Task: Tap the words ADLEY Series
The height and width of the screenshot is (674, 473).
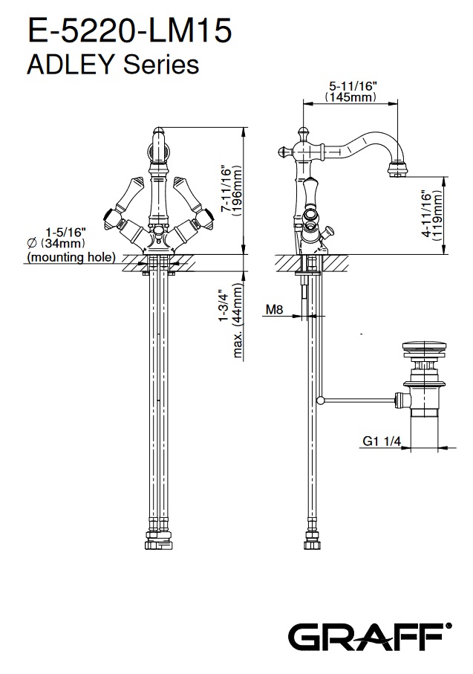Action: (113, 65)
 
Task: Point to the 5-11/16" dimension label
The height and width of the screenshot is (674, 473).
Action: (353, 86)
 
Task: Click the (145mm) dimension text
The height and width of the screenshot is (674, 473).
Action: (351, 97)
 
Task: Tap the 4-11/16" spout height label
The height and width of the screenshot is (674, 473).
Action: (427, 216)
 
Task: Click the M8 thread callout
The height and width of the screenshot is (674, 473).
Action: (275, 310)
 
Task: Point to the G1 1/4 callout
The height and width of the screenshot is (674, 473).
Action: (382, 441)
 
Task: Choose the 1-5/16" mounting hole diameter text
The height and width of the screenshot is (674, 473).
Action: (66, 230)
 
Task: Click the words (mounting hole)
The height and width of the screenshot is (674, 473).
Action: (71, 257)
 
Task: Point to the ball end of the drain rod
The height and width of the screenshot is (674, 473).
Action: (320, 401)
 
